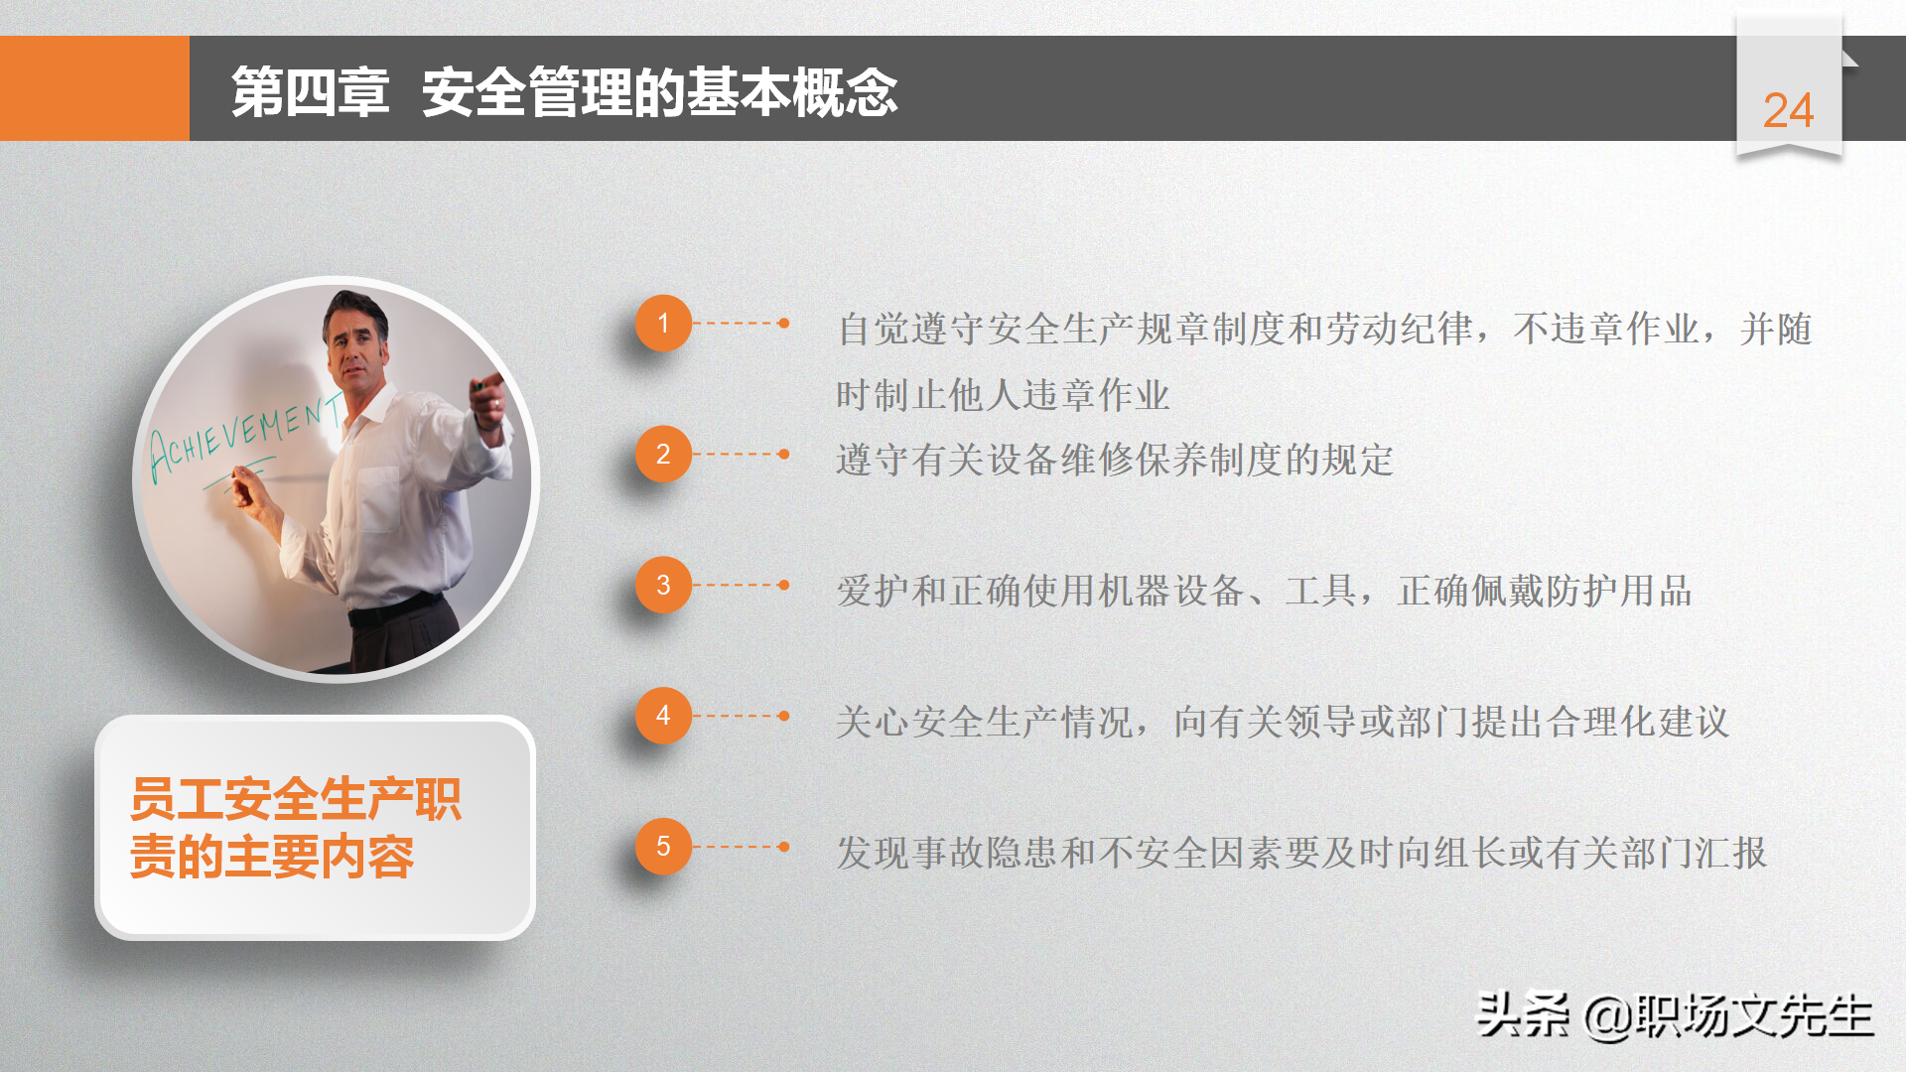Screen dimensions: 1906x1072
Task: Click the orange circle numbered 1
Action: (663, 323)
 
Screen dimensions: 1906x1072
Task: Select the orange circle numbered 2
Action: (663, 454)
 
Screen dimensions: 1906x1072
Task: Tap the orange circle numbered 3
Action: (663, 585)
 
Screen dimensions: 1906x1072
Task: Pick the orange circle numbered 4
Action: (663, 716)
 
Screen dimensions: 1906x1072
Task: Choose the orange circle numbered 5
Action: (663, 847)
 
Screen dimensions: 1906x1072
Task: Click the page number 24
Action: (1788, 110)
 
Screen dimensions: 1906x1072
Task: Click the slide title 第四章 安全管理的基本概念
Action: (564, 92)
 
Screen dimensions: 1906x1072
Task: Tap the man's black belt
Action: (395, 608)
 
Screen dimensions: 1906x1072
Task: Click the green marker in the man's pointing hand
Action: (479, 384)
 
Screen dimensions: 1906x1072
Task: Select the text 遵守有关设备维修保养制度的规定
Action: (1115, 460)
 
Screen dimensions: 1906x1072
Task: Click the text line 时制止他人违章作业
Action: (1003, 395)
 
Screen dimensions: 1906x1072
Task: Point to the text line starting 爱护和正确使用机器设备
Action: (1264, 591)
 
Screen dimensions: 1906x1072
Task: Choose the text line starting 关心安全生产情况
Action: (1283, 722)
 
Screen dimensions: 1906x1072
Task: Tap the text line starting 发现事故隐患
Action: (1301, 853)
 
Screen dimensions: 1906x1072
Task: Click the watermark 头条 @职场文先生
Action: (1675, 1015)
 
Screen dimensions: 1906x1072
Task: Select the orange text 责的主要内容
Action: (272, 857)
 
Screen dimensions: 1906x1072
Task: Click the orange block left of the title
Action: (94, 88)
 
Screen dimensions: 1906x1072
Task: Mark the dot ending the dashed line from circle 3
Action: (784, 585)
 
